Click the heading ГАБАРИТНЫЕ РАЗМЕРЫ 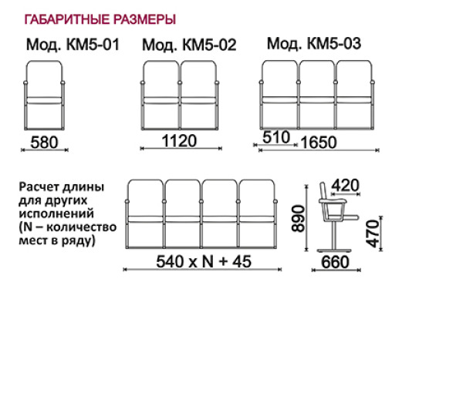pos(100,19)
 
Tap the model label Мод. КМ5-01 pos(73,45)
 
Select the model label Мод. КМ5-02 pos(189,45)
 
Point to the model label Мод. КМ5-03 pos(314,44)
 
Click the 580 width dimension pos(44,142)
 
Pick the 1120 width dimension pos(179,141)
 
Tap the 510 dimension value pos(276,137)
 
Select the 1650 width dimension pos(319,143)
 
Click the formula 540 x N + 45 pos(204,261)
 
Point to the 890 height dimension pos(298,219)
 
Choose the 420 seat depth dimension pos(345,186)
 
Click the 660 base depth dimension pos(335,262)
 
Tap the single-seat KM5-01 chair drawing pos(44,96)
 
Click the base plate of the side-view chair pos(334,250)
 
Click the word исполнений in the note pos(56,213)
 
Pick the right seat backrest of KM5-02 pos(198,79)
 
